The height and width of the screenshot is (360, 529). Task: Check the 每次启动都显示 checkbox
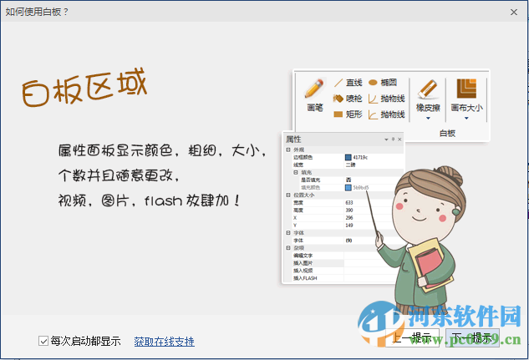(43, 341)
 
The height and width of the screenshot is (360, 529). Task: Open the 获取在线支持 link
(164, 341)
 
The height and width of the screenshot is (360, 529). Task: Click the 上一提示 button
(413, 337)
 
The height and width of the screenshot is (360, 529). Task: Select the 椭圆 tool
(382, 83)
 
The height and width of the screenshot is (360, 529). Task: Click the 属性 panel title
(294, 139)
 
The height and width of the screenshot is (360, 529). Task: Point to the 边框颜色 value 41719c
(360, 157)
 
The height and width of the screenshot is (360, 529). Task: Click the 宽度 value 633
(349, 201)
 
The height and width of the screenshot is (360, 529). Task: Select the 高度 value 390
(349, 210)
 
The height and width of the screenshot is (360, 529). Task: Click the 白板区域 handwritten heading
(84, 89)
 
